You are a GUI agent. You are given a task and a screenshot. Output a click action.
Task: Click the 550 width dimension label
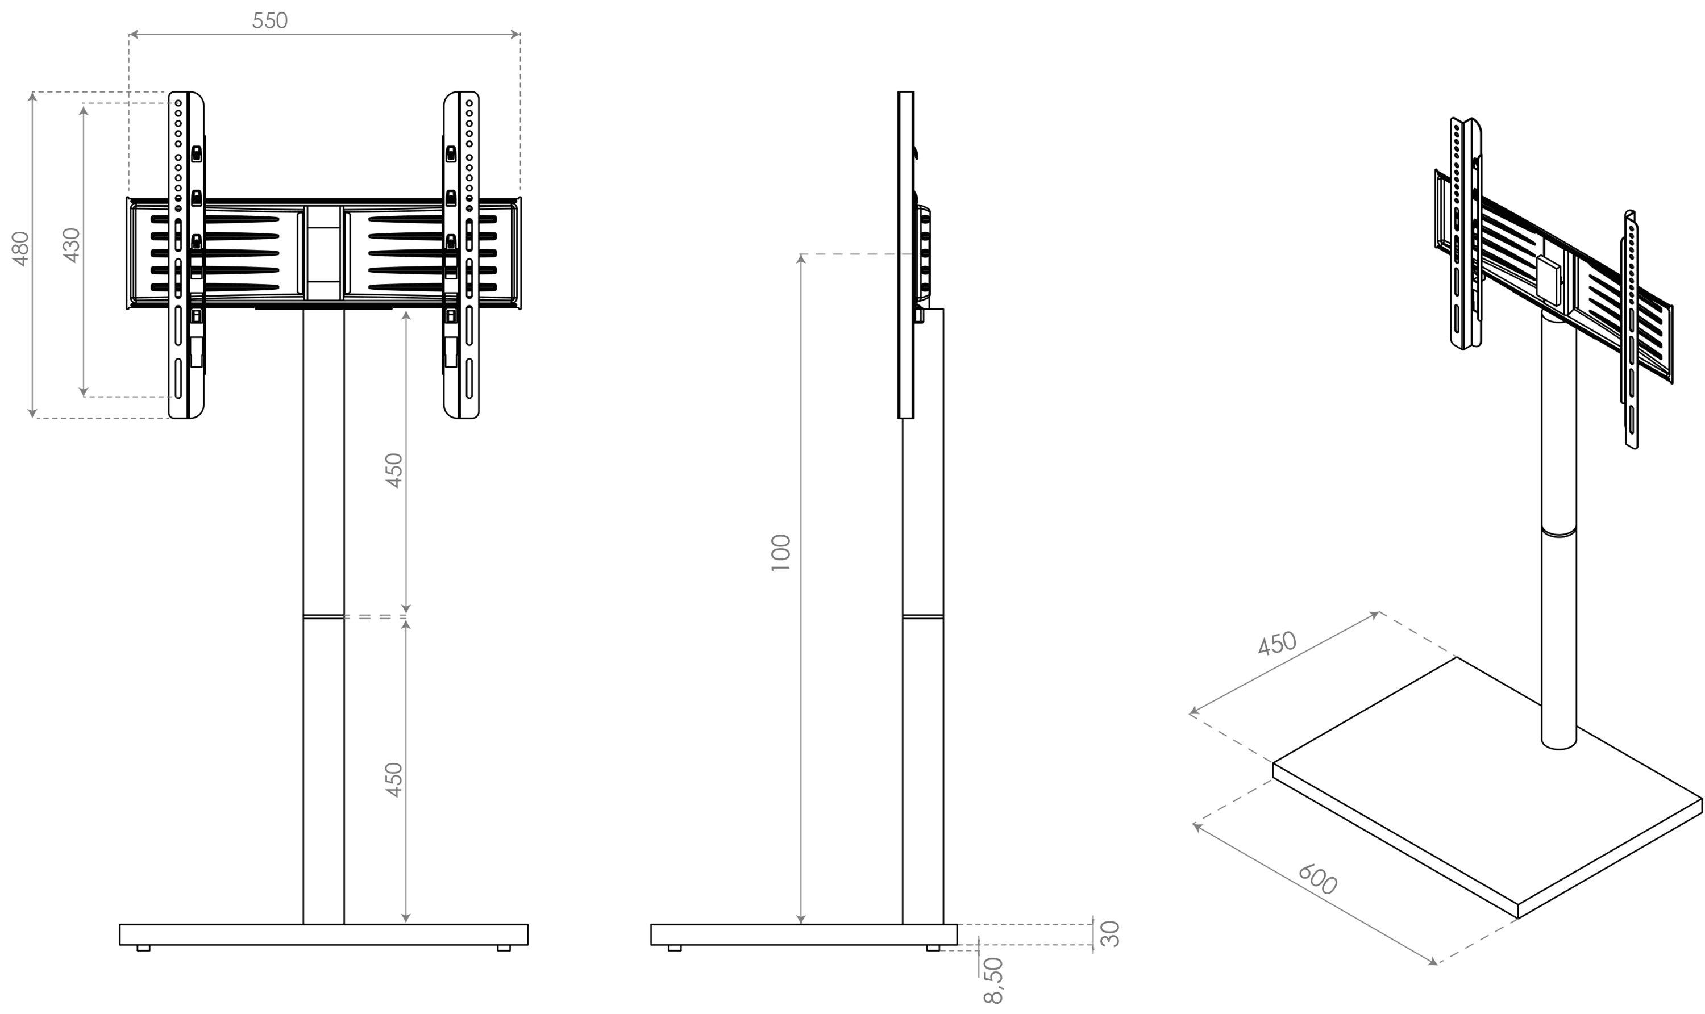click(x=270, y=21)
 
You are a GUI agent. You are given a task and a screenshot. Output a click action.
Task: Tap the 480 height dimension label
click(x=21, y=249)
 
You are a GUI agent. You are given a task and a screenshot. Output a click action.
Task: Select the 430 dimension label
click(x=72, y=245)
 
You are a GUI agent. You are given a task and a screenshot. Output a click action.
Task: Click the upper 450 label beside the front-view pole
click(x=394, y=470)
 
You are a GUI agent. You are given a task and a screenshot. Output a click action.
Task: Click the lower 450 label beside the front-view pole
click(x=394, y=779)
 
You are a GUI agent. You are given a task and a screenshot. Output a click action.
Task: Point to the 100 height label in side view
click(x=780, y=553)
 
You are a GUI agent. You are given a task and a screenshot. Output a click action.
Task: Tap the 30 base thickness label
click(x=1112, y=933)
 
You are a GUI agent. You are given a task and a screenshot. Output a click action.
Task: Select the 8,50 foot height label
click(x=993, y=981)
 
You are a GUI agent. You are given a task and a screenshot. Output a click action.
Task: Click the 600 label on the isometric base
click(x=1317, y=879)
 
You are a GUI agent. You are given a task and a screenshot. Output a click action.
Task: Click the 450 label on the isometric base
click(x=1277, y=643)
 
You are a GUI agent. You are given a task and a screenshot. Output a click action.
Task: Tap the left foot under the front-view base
click(x=143, y=948)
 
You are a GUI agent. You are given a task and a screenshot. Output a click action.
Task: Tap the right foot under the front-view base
click(x=504, y=948)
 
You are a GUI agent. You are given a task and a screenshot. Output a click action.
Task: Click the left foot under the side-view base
click(x=674, y=948)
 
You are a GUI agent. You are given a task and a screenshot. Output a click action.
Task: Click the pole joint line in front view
click(x=323, y=617)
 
